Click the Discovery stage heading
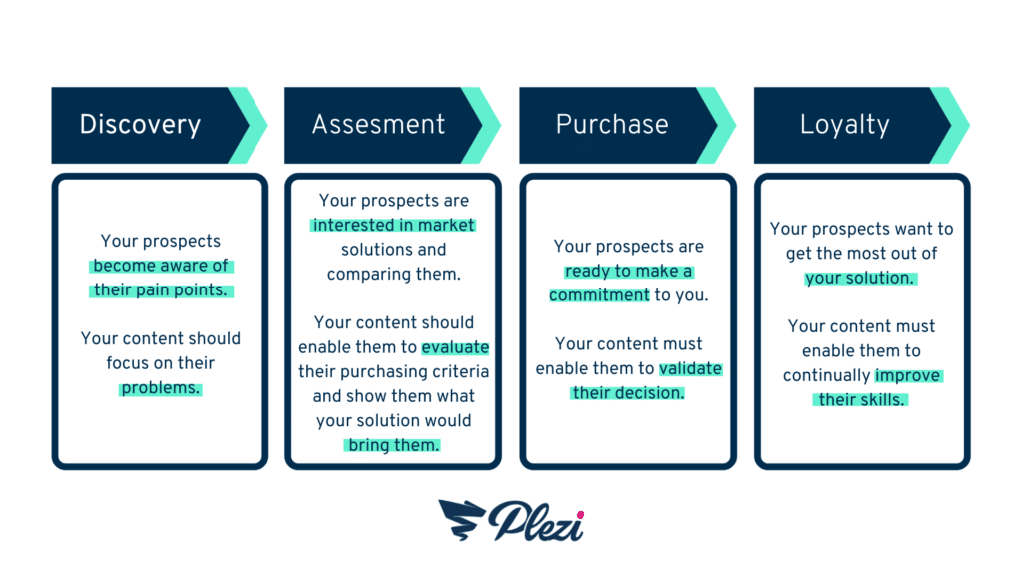[140, 124]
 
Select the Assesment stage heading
[378, 124]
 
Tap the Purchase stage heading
[612, 124]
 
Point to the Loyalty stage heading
[844, 125]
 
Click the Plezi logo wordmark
[536, 521]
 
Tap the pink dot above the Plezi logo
[580, 515]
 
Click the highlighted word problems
[161, 388]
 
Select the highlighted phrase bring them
[393, 445]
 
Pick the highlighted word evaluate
[455, 347]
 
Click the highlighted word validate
[690, 369]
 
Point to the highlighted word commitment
[599, 295]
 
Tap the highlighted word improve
[908, 376]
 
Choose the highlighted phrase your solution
[860, 278]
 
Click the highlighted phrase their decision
[628, 393]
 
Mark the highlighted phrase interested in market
[393, 225]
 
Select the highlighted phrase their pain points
[161, 290]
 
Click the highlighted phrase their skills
[861, 399]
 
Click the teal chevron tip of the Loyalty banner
[968, 125]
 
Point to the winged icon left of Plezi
[461, 519]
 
